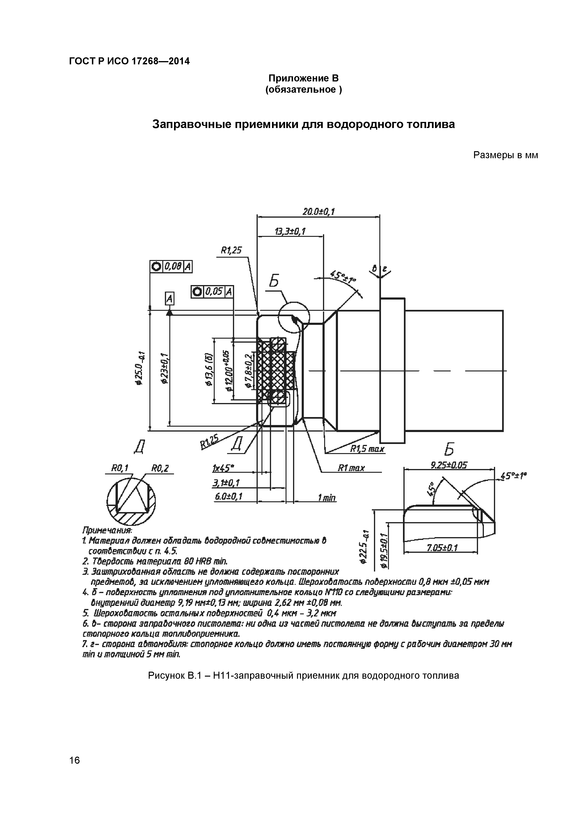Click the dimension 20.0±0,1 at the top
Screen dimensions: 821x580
(x=318, y=212)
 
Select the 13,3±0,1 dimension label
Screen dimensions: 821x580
(x=290, y=231)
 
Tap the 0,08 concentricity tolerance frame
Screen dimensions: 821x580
(x=171, y=266)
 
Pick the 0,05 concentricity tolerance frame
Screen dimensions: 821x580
(x=212, y=292)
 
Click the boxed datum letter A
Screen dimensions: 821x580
(x=169, y=298)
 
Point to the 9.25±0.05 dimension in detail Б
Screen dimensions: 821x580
(x=449, y=465)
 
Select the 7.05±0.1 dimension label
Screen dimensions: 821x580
(x=443, y=548)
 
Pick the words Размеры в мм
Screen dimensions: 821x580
(x=505, y=155)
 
